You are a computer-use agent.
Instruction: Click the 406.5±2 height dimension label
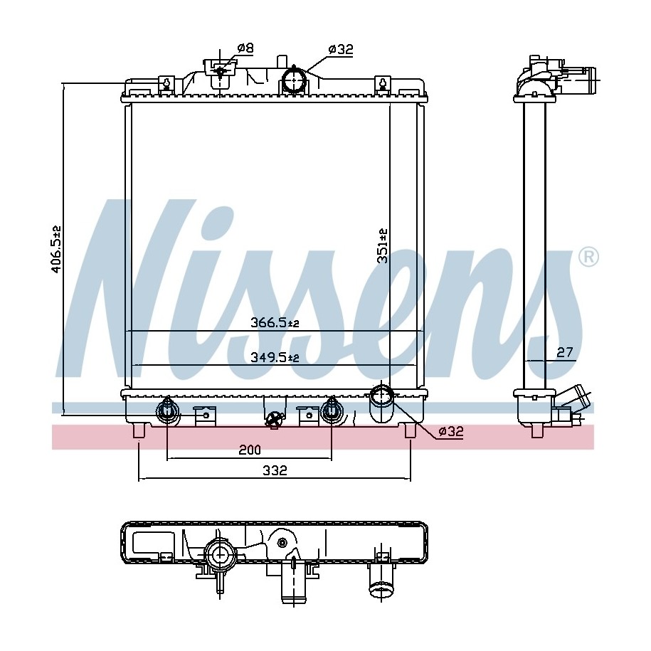pos(56,249)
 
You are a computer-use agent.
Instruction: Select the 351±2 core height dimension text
pos(382,245)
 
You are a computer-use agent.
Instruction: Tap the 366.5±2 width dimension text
pos(275,322)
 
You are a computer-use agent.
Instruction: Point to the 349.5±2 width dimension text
pos(275,357)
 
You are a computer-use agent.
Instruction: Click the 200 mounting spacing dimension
pos(250,450)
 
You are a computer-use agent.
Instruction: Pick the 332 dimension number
pos(275,470)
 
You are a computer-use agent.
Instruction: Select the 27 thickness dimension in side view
pos(565,352)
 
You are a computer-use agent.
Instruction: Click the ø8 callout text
pos(245,48)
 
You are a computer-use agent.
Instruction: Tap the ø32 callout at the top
pos(341,49)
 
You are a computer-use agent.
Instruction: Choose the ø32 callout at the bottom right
pos(451,431)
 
